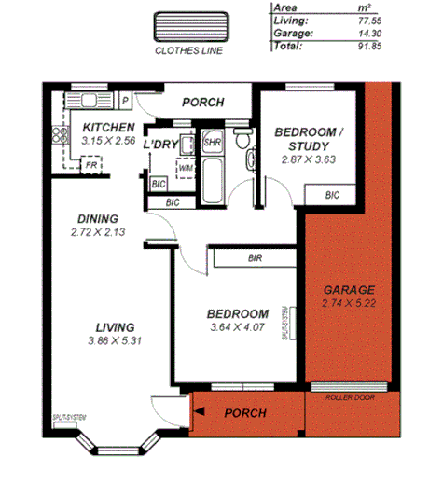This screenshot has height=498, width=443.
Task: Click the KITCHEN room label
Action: tap(108, 128)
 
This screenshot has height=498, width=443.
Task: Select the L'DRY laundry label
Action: tap(160, 145)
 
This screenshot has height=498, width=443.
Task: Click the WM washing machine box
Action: tap(186, 167)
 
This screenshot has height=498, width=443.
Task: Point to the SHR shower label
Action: tap(212, 144)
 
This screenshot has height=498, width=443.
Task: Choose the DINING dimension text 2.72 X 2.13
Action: tap(97, 230)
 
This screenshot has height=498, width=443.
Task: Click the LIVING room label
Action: tap(115, 327)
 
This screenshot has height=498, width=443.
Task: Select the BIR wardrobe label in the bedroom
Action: tap(254, 257)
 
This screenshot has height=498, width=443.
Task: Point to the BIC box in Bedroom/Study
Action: tap(333, 195)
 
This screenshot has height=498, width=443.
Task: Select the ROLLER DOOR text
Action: tap(351, 396)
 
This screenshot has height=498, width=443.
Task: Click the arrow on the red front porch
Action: tap(199, 410)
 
